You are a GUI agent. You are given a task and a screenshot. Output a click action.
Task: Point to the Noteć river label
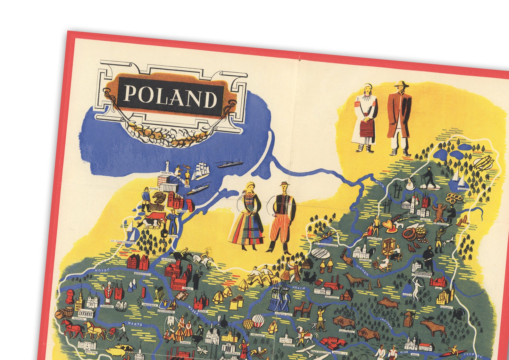coord(102,271)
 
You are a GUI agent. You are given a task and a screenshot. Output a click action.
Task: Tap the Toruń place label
coord(187,289)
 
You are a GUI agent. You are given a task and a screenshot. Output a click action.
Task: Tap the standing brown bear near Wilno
coord(439,210)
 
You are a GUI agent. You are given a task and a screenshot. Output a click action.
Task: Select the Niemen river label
coord(363,271)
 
